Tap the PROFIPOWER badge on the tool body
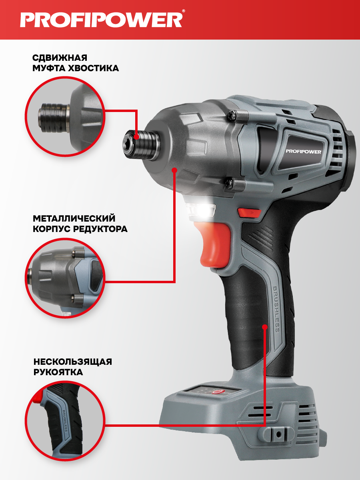click(x=304, y=151)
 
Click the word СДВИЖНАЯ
click(x=60, y=58)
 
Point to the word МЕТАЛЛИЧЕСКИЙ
click(x=74, y=218)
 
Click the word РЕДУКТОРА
click(x=100, y=229)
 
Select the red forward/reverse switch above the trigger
click(x=249, y=212)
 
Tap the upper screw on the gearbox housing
click(x=232, y=115)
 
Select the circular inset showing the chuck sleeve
click(x=65, y=117)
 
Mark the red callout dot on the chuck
click(x=136, y=137)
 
